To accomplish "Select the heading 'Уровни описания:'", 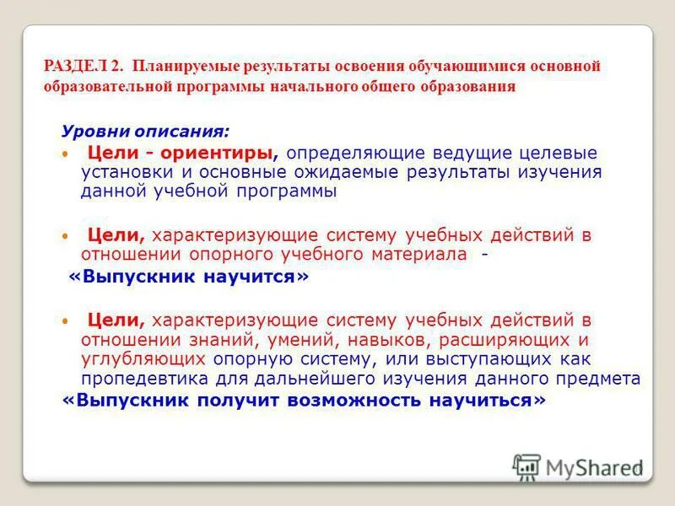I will point(144,132).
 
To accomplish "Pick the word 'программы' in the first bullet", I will point(283,191).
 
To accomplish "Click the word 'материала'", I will point(420,254).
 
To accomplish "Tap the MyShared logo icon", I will point(526,466).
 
